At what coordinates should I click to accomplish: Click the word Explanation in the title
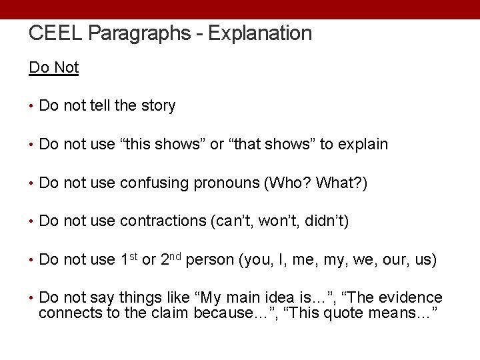tap(260, 33)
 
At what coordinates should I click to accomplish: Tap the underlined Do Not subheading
tap(54, 67)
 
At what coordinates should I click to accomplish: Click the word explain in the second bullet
tap(363, 144)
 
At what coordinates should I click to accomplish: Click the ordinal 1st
tap(129, 259)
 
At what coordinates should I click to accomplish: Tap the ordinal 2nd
tap(171, 259)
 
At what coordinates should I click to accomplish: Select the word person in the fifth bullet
tap(209, 260)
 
